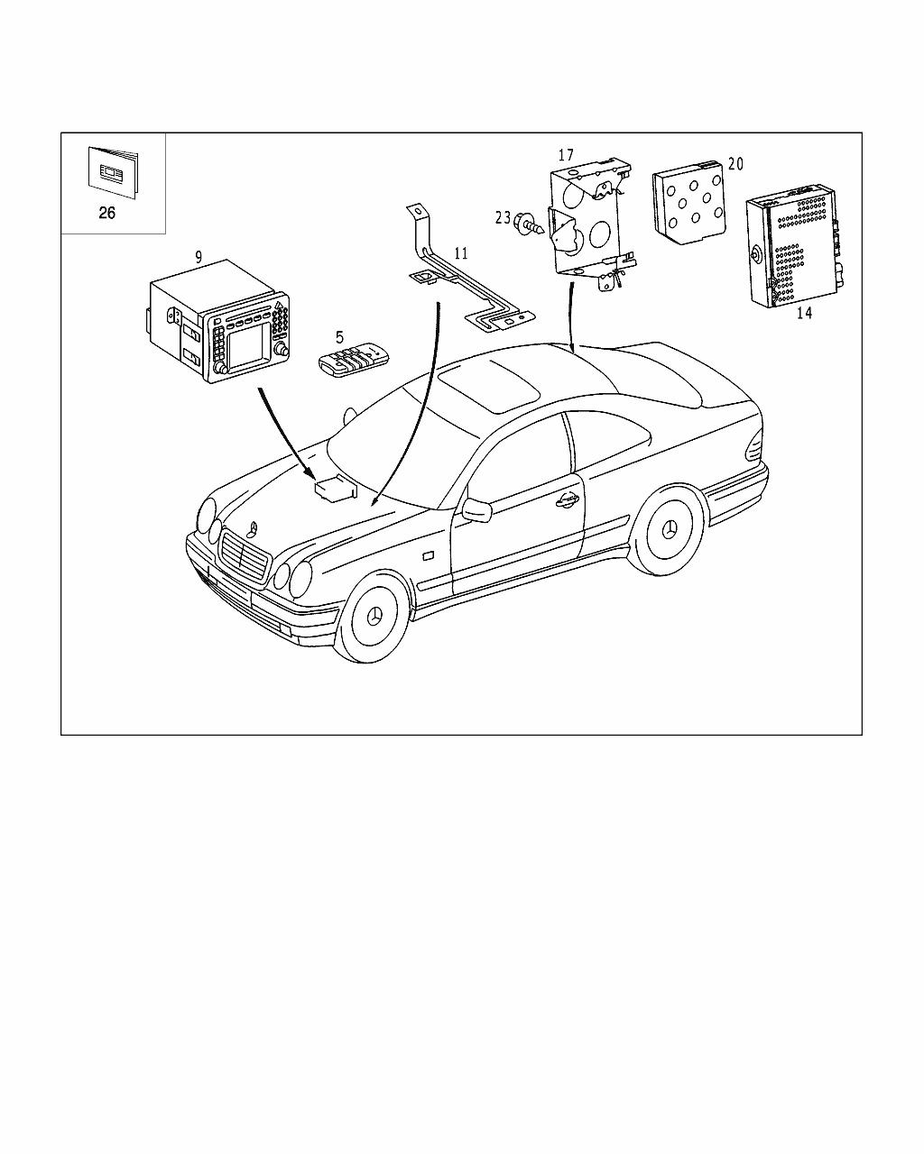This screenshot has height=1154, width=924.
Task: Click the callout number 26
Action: coord(106,213)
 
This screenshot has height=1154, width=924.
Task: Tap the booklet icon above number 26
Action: coord(113,172)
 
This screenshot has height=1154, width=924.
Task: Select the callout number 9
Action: coord(199,258)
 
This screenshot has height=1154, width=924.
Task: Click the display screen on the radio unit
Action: coord(248,346)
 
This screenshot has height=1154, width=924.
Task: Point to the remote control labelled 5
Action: coord(354,363)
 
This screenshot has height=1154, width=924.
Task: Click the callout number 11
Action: coord(461,253)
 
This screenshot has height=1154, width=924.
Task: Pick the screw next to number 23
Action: coord(529,224)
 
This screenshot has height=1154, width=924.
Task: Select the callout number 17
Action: coord(566,155)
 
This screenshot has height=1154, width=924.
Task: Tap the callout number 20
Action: coord(735,164)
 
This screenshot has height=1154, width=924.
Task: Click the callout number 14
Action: coord(804,313)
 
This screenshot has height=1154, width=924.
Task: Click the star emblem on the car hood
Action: coord(253,528)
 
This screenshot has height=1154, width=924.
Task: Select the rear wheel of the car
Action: coord(668,530)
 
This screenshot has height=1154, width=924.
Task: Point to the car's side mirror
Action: coord(477,510)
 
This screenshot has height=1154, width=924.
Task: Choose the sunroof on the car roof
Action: coord(488,385)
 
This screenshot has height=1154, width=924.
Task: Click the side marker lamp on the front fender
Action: coord(429,556)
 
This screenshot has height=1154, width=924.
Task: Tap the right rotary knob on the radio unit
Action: coord(281,349)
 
